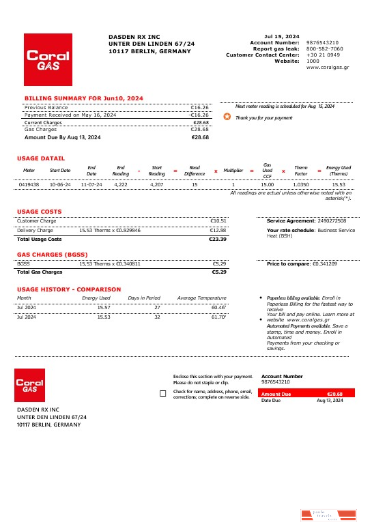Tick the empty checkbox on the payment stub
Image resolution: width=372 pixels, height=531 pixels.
coord(162,394)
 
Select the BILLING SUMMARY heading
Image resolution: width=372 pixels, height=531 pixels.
coord(84,98)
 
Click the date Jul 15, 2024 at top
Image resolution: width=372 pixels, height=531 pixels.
coord(281,36)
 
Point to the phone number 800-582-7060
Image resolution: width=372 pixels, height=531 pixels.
coord(325,48)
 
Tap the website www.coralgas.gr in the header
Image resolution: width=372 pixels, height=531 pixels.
coord(328,68)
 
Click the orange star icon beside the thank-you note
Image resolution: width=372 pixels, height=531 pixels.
coord(227,117)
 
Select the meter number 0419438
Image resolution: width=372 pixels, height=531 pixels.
coord(29,184)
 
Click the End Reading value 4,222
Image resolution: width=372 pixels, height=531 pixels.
coord(121,184)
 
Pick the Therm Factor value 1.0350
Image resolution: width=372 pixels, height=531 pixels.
coord(300,184)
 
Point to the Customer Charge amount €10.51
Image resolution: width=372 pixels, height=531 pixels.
coord(218,221)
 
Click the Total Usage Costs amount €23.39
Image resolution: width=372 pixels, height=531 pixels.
coord(218,240)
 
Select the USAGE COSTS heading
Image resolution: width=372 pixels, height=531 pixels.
coord(39,212)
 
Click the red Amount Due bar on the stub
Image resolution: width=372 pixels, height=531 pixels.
coord(302,394)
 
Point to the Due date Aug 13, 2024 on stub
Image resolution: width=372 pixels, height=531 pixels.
coord(330,401)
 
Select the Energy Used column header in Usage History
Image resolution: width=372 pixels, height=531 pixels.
coord(96,298)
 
